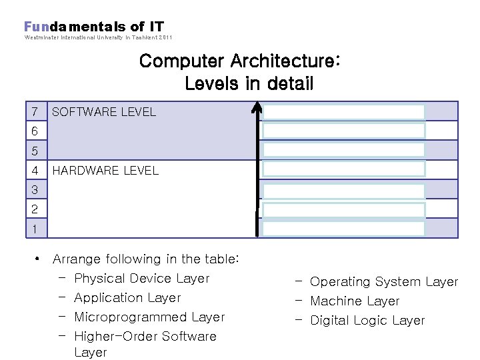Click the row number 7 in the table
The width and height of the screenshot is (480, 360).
click(x=35, y=111)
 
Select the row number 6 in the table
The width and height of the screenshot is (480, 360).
click(x=35, y=131)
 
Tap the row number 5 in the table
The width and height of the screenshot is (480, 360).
click(x=35, y=151)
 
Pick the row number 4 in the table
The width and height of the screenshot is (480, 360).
click(x=35, y=170)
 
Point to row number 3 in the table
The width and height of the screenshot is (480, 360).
click(x=35, y=190)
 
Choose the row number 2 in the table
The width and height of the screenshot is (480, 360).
click(x=35, y=209)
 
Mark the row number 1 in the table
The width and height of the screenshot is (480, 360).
click(x=35, y=229)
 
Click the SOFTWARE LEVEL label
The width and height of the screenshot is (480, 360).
click(x=103, y=112)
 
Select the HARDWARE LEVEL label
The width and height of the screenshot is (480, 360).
click(x=105, y=171)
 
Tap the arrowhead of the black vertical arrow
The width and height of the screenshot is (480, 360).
click(x=257, y=107)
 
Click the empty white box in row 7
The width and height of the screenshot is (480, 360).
click(x=343, y=112)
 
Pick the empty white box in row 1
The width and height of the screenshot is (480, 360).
click(x=343, y=229)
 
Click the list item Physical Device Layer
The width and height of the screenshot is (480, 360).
click(x=141, y=279)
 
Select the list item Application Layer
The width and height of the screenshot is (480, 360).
click(x=127, y=298)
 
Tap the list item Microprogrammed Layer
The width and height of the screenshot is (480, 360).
click(x=149, y=317)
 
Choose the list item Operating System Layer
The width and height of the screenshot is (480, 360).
click(x=384, y=282)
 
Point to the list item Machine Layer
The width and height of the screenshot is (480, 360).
click(x=355, y=301)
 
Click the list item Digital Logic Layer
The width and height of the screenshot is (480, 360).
click(x=367, y=321)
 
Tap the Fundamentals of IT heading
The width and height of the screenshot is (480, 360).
click(x=94, y=27)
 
